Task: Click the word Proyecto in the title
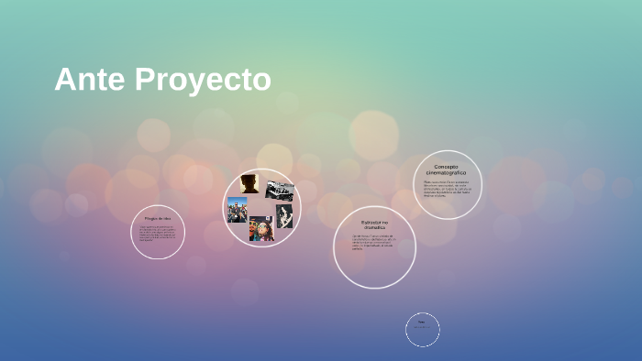pos(203,82)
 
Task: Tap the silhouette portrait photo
pos(249,183)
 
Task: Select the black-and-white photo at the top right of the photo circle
pos(280,191)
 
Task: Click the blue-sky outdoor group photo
pos(238,210)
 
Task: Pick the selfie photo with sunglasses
pos(260,228)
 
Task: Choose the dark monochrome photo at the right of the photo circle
pos(284,216)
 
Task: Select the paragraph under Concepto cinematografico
pos(446,189)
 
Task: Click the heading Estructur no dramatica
pos(374,224)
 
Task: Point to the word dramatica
pos(374,228)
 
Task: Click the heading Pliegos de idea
pos(158,218)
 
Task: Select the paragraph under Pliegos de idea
pos(157,234)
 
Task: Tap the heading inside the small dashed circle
pos(422,322)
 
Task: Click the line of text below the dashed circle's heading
pos(422,328)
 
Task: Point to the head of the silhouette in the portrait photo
pos(249,180)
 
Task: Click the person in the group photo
pos(238,212)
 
